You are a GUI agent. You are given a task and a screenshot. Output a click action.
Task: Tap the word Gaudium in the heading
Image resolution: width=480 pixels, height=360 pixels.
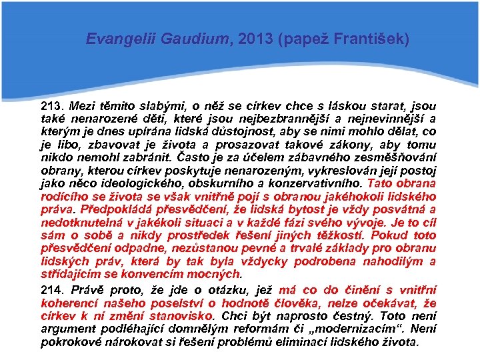coord(175,39)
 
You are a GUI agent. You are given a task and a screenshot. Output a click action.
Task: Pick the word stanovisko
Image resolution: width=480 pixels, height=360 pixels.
coord(179,316)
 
